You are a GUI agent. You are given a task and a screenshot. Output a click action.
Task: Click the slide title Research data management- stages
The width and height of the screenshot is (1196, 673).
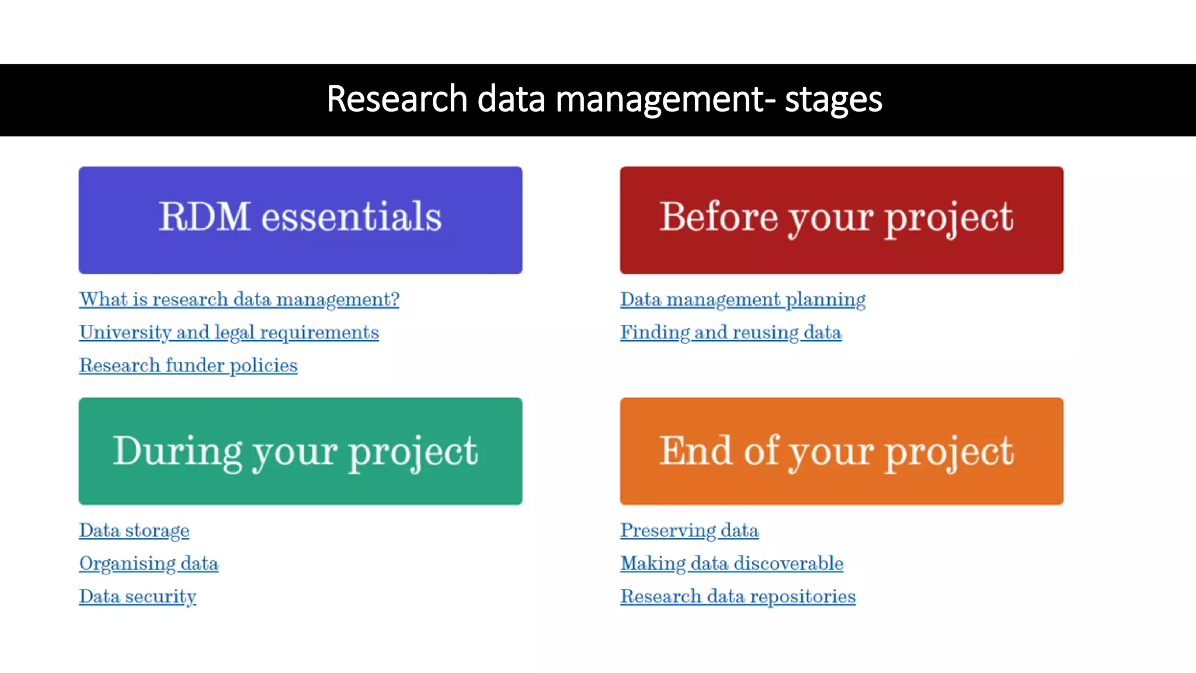(604, 99)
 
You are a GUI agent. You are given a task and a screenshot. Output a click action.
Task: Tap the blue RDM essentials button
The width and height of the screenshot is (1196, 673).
(300, 220)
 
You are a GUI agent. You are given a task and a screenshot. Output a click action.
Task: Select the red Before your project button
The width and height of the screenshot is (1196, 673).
(841, 220)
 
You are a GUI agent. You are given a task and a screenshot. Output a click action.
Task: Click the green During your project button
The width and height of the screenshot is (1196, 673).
(300, 451)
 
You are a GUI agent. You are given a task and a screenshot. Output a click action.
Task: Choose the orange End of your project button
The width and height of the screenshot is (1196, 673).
(841, 451)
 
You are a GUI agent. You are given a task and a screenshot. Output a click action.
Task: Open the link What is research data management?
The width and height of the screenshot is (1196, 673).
(239, 300)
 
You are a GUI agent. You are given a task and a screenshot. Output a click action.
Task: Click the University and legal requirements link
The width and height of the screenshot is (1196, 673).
(229, 332)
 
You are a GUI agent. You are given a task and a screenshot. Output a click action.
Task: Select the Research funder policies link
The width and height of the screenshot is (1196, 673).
(188, 366)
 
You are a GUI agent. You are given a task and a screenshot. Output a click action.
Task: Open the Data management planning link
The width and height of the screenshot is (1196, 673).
(742, 300)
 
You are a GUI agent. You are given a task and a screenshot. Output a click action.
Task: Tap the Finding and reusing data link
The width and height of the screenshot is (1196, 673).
(731, 332)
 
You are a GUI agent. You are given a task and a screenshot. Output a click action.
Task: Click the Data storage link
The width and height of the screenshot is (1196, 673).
(134, 530)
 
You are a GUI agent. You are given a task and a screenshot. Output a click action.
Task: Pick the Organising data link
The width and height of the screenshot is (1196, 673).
(148, 564)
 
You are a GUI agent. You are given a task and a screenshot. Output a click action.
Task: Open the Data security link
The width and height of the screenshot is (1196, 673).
(137, 596)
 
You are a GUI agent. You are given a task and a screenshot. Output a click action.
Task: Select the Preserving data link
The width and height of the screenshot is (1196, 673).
(689, 530)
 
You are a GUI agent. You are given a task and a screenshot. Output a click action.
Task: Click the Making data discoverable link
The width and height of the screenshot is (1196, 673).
(731, 564)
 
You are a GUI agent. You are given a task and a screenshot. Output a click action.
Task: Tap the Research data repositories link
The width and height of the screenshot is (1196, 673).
(738, 596)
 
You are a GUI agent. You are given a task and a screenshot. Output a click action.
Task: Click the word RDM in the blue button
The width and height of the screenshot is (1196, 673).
(204, 217)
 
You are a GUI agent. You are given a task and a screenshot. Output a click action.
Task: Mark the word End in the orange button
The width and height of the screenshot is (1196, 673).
(696, 450)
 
